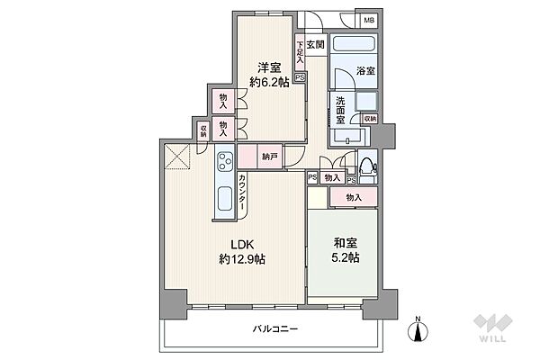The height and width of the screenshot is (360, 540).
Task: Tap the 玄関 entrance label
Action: [314, 43]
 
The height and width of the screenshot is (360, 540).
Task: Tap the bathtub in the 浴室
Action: [355, 46]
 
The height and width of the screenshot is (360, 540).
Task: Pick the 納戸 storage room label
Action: [270, 157]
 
